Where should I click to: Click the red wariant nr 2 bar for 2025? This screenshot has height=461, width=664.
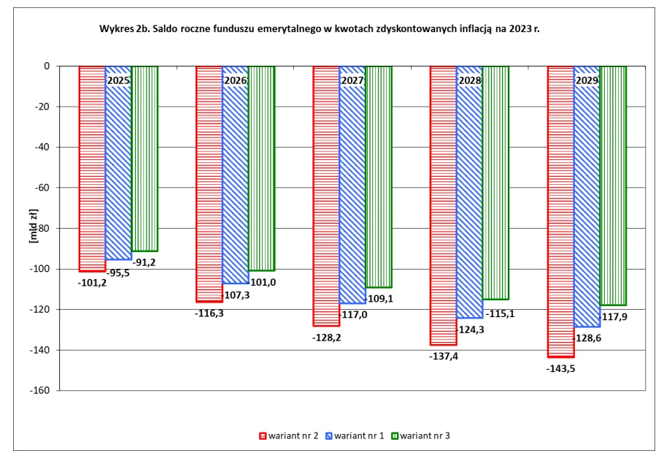(x=92, y=168)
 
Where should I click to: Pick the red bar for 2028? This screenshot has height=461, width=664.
(x=444, y=205)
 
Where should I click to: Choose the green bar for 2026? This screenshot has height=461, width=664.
(x=261, y=168)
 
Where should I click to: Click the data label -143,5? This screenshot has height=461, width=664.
(x=561, y=368)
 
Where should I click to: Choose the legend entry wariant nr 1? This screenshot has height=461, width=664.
(x=358, y=436)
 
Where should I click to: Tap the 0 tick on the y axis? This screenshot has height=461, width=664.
(x=46, y=66)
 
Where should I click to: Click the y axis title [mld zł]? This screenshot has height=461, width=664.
(x=34, y=228)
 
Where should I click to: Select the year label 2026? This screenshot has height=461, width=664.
(x=235, y=80)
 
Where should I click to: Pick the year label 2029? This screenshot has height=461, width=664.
(x=587, y=80)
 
